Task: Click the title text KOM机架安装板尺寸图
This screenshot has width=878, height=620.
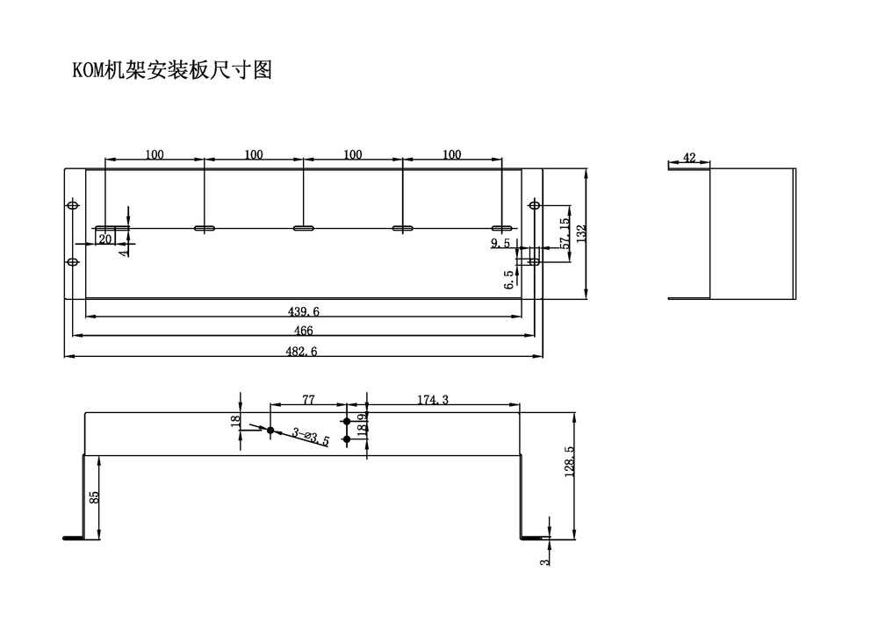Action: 172,71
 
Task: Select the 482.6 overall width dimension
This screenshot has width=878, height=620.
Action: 302,351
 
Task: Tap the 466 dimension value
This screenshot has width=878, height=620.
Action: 302,331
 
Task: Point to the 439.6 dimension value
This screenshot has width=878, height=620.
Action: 302,310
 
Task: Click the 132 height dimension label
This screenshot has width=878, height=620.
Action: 580,233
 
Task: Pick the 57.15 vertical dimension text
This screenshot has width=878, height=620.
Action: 565,235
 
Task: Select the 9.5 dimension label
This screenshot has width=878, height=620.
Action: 501,243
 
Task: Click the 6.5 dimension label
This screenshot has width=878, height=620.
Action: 508,280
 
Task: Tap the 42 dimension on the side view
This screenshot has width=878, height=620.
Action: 688,158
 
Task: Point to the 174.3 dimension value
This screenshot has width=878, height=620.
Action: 432,400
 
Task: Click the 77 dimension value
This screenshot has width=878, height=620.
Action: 308,400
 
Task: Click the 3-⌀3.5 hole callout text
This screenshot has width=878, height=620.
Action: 310,437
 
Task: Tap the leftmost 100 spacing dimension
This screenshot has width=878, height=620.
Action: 154,154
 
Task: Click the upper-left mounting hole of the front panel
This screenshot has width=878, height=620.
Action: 73,205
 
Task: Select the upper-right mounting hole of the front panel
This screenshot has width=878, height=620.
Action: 534,205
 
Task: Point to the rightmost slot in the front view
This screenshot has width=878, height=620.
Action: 501,228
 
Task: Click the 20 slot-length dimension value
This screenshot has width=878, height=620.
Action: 104,238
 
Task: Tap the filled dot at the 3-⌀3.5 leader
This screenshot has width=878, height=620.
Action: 270,431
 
